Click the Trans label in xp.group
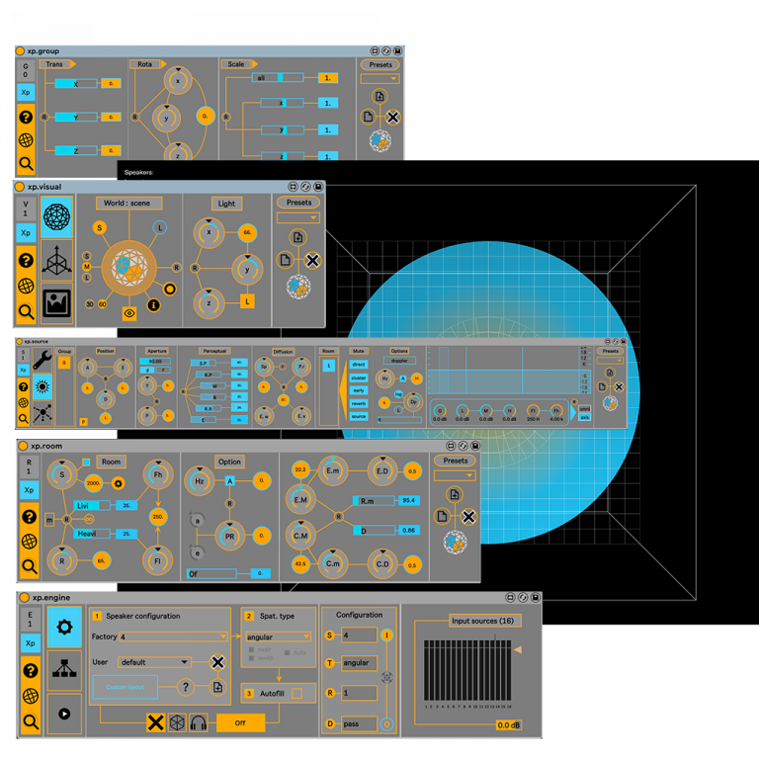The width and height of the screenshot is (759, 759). [55, 64]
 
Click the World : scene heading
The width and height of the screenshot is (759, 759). [128, 203]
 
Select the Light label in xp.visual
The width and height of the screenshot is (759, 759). [226, 204]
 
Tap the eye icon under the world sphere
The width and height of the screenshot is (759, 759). [129, 313]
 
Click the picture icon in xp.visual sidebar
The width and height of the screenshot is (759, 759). [56, 302]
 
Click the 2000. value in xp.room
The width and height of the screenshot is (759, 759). [94, 483]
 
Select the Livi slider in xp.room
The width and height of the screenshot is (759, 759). [95, 505]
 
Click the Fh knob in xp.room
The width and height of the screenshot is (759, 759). [158, 474]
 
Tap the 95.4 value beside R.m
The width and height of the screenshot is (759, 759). [407, 501]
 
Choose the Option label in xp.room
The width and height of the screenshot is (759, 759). [229, 462]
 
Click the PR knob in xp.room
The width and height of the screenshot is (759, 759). [229, 537]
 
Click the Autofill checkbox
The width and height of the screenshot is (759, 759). [296, 693]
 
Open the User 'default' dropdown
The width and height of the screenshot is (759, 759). [154, 662]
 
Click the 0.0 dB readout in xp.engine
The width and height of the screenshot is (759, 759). [508, 725]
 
